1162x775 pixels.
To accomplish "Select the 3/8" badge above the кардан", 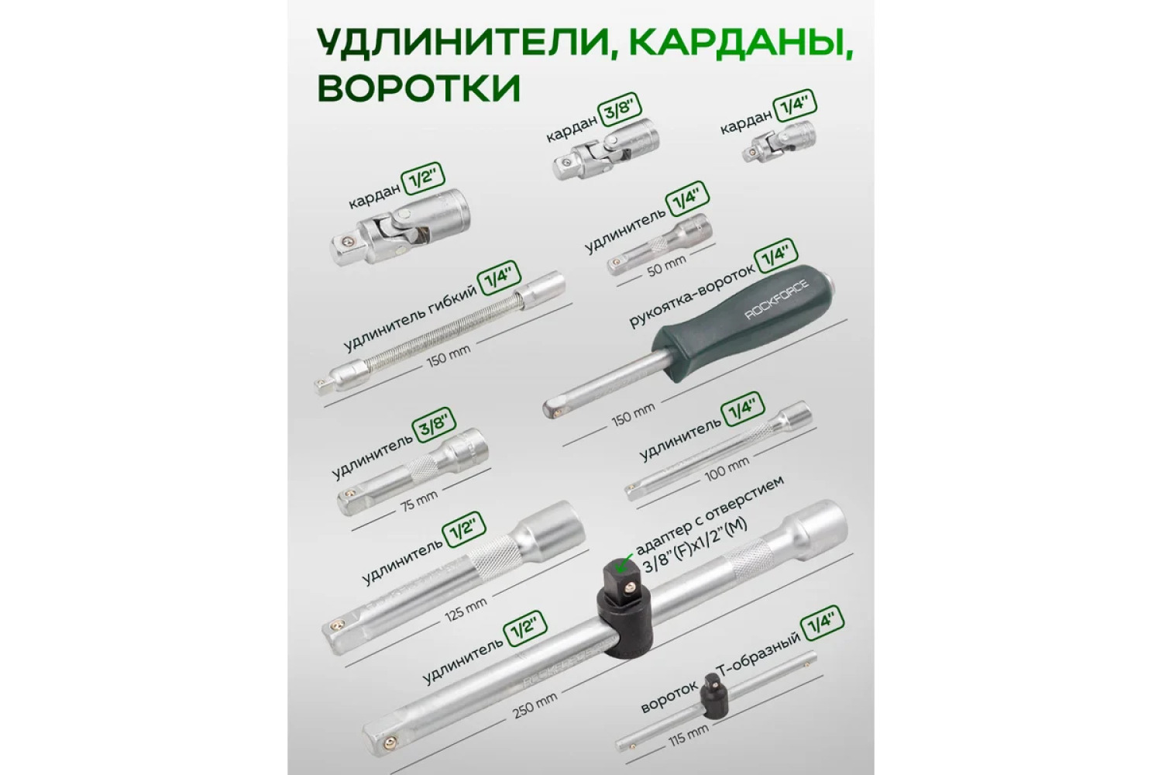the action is pos(620,114).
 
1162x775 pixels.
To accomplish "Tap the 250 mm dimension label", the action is pos(535,705).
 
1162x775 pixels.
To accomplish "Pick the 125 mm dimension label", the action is pos(466,611).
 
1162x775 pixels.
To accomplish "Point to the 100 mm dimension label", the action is pos(727,470).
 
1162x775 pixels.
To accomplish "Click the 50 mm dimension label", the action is pos(666,267).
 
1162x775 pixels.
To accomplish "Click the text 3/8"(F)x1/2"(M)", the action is pos(695,545).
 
